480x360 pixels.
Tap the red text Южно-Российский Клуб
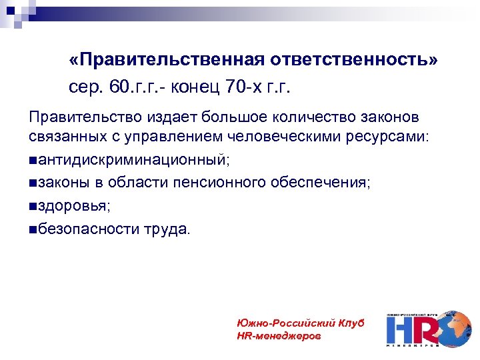[x=300, y=323]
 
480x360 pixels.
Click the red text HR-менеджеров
[x=279, y=336]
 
